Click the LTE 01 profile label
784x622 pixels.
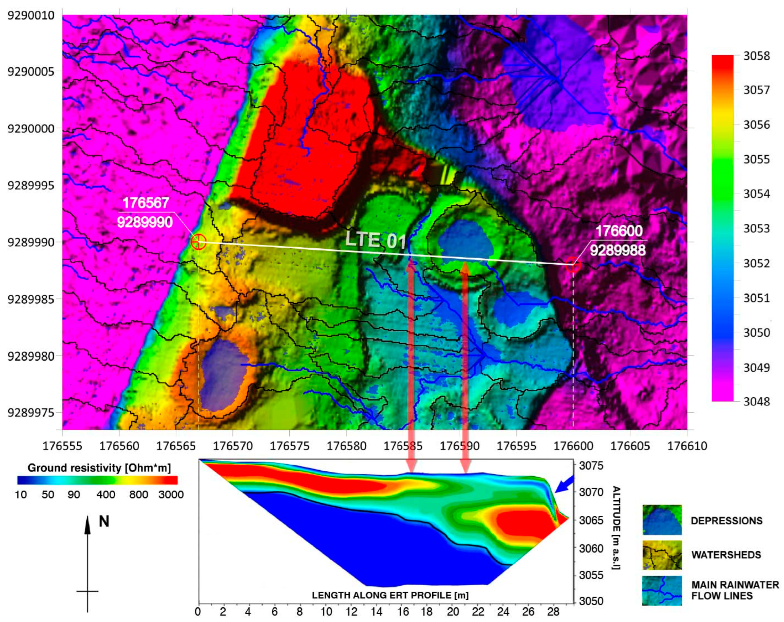click(375, 240)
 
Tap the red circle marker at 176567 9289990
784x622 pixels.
click(198, 242)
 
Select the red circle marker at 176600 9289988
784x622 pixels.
click(573, 265)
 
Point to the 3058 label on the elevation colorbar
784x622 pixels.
click(756, 56)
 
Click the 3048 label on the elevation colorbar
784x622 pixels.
click(756, 402)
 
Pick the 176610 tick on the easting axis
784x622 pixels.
click(687, 446)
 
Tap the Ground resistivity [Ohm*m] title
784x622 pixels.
click(99, 468)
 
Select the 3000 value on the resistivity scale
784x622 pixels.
click(171, 495)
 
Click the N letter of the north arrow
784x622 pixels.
click(104, 522)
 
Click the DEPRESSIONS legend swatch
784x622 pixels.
click(662, 520)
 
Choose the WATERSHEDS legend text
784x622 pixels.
click(726, 555)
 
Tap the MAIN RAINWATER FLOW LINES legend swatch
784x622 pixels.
click(662, 590)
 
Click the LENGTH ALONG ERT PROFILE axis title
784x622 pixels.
click(390, 595)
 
